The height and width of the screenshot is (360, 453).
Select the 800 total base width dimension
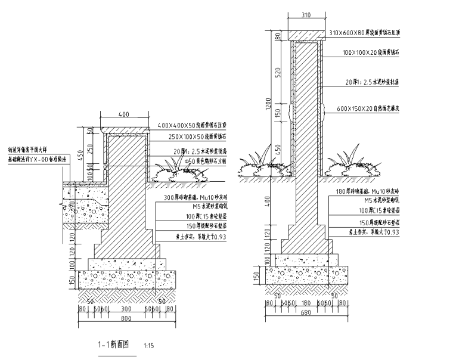(125, 319)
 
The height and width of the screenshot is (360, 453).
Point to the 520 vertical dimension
(277, 72)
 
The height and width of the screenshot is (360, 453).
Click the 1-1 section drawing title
(114, 344)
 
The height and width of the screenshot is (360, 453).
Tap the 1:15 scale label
(149, 345)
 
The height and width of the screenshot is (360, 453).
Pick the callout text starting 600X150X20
(368, 108)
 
